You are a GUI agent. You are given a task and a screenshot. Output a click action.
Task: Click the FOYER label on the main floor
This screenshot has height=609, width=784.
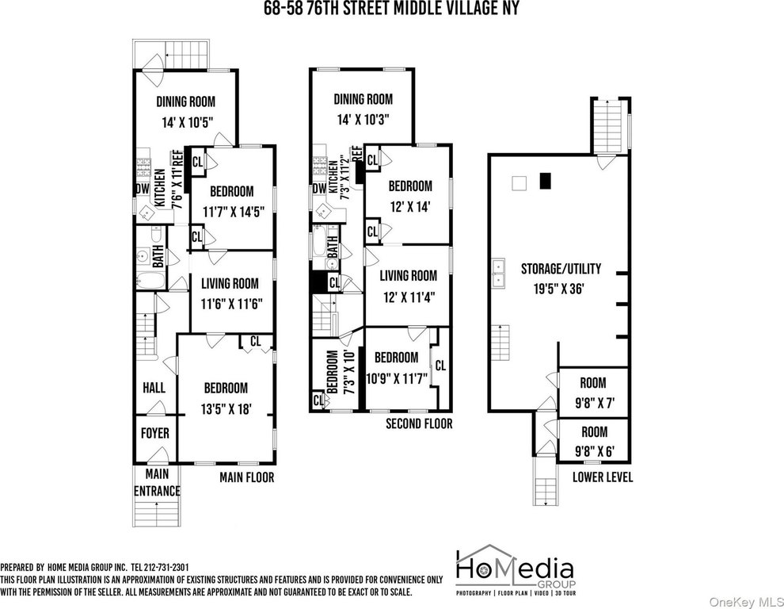tap(154, 433)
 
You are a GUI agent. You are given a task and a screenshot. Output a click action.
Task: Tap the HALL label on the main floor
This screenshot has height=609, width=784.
tap(154, 388)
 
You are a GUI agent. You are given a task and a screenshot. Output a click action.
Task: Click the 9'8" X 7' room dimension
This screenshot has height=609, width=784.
tap(593, 403)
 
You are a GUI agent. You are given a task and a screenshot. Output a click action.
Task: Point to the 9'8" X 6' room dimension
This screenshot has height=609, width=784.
tap(595, 452)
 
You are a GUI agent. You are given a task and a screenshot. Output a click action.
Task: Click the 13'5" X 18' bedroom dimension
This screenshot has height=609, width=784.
tap(226, 409)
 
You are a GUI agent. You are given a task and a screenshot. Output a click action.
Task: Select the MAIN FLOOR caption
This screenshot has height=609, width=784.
tap(247, 477)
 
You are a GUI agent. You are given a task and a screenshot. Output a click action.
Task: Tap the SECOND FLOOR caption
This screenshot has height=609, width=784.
tap(419, 423)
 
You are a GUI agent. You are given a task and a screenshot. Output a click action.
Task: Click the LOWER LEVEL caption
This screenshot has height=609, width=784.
tap(603, 477)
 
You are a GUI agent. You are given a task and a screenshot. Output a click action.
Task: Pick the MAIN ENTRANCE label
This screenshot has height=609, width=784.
tap(157, 482)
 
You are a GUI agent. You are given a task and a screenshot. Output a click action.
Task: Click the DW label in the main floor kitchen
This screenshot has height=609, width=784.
tap(143, 189)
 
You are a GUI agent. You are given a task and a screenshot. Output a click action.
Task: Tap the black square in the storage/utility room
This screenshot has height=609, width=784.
tap(545, 181)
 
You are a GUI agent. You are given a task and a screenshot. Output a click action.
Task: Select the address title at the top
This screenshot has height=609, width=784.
tap(392, 9)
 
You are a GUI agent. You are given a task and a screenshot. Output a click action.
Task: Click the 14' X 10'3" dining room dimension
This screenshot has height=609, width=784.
tap(363, 121)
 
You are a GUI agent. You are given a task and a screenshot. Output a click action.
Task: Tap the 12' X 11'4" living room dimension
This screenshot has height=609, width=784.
tap(409, 297)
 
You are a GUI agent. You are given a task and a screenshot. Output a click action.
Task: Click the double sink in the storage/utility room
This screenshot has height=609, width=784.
tap(498, 274)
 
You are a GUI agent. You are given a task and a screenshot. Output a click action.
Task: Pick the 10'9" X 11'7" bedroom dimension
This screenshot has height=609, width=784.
tap(397, 378)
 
